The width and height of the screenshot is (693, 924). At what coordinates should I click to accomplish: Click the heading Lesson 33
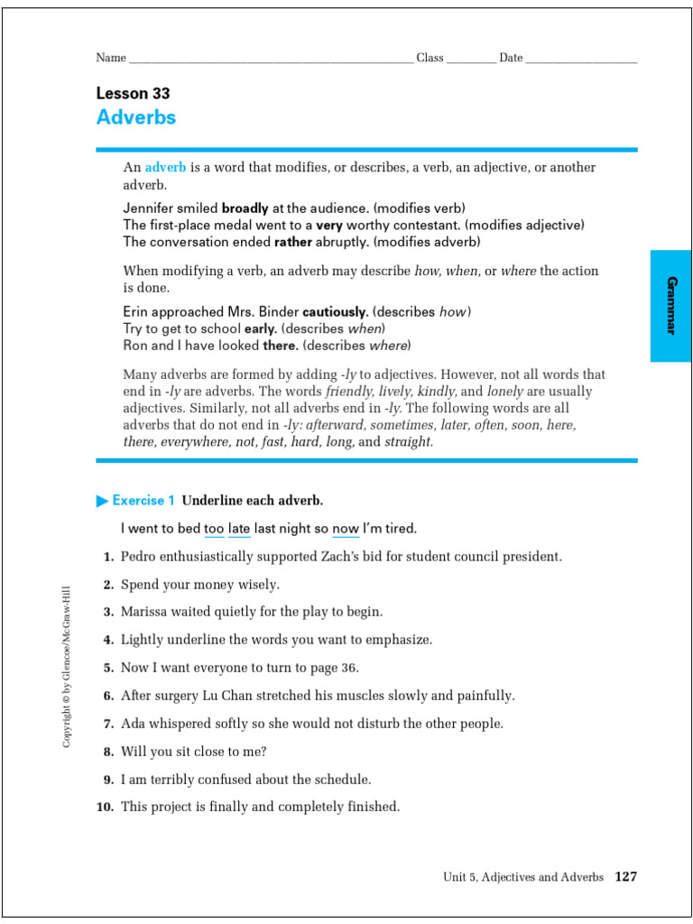(x=133, y=93)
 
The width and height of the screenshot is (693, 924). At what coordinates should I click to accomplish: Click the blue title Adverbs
(x=136, y=117)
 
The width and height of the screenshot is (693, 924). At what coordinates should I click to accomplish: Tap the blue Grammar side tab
(x=670, y=306)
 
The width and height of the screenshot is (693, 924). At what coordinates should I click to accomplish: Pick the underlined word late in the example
(x=239, y=528)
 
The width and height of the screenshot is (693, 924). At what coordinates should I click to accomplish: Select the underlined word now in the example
(x=346, y=528)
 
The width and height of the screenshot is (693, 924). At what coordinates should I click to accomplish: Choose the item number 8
(x=107, y=752)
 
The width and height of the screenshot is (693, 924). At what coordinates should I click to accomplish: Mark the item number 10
(x=105, y=808)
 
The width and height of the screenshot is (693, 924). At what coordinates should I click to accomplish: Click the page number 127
(x=625, y=876)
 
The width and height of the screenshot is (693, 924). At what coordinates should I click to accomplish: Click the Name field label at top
(x=111, y=58)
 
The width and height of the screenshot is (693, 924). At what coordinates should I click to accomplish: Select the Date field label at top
(x=511, y=58)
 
